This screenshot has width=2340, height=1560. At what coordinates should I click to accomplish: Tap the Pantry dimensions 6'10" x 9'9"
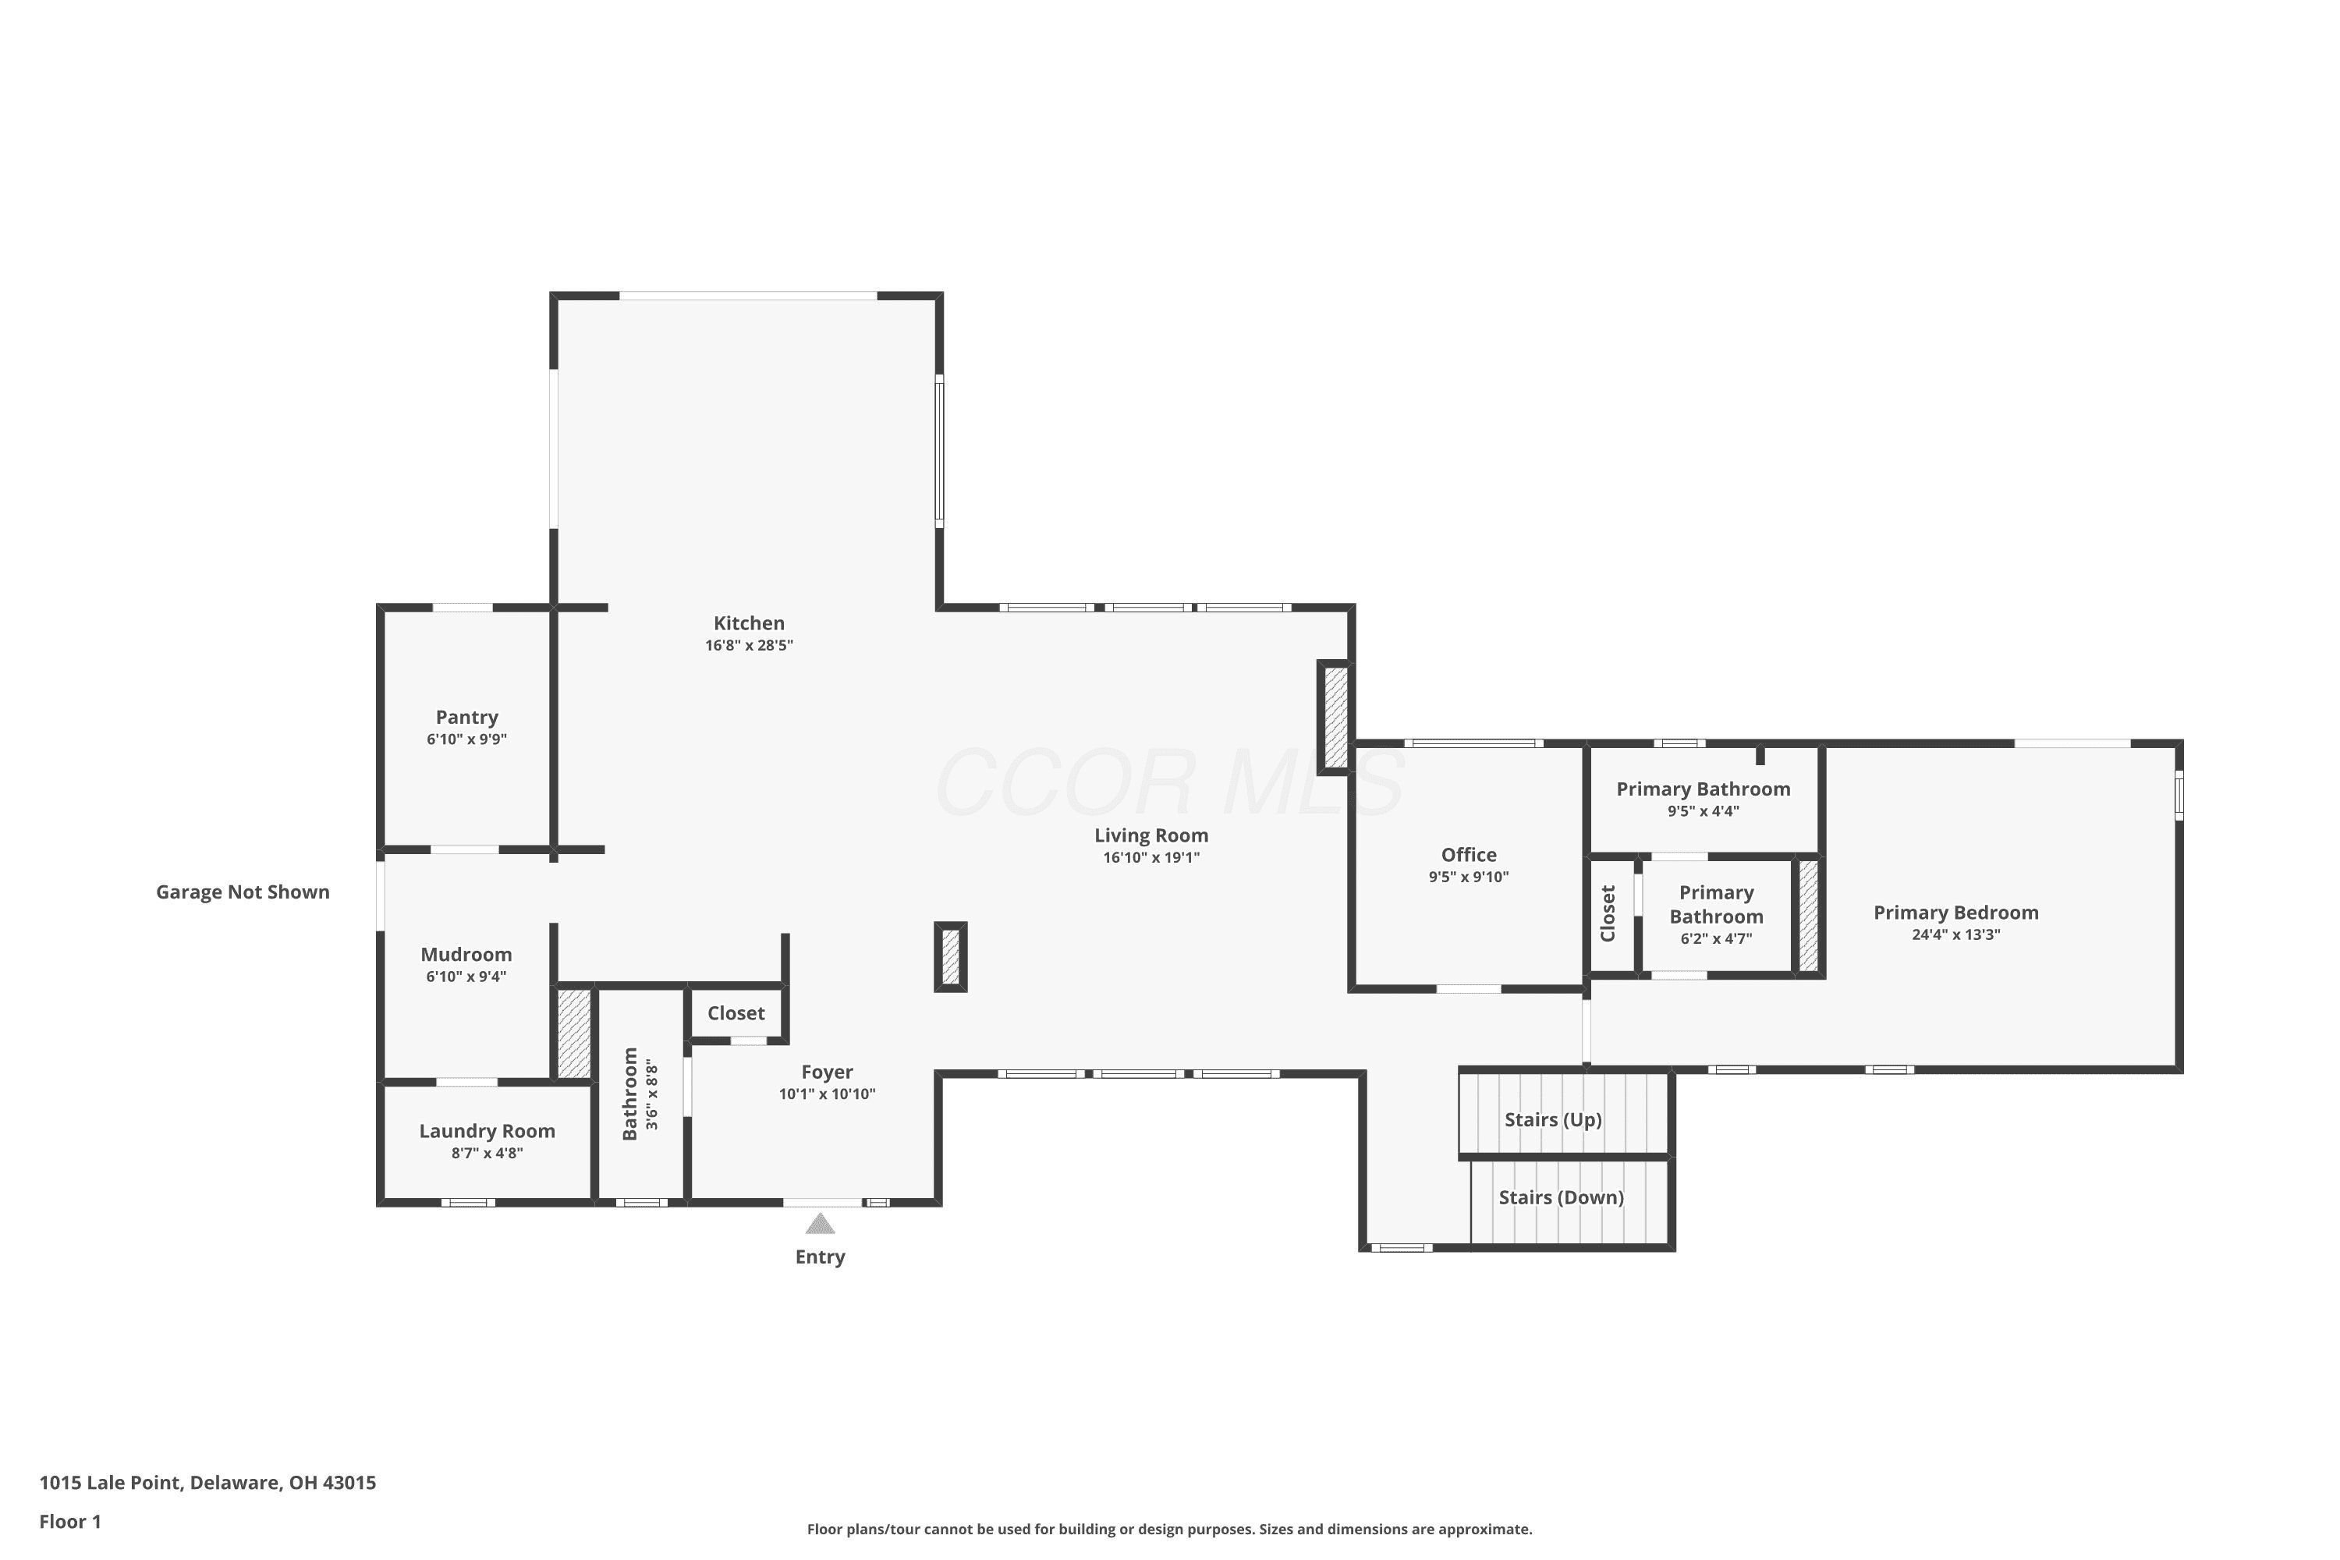(x=466, y=739)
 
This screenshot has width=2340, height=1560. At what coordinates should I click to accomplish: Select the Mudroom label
(x=466, y=955)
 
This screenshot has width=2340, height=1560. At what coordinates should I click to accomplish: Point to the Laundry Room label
(x=487, y=1131)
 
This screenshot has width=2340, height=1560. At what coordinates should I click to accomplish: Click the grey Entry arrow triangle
(x=820, y=1224)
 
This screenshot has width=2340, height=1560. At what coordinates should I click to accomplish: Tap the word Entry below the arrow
(x=821, y=1257)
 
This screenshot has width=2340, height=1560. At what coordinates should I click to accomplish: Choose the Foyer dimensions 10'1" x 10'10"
(x=828, y=1094)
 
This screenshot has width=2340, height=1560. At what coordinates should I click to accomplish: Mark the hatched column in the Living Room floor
(x=951, y=957)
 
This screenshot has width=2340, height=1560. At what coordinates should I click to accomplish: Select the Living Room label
(x=1152, y=835)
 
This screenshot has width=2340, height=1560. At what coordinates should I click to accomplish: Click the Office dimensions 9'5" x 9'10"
(x=1470, y=877)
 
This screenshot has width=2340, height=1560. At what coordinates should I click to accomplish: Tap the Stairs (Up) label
(x=1553, y=1120)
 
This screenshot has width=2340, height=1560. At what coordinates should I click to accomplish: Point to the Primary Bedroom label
(x=1957, y=913)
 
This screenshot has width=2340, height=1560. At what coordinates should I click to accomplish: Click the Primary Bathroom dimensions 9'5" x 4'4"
(x=1704, y=812)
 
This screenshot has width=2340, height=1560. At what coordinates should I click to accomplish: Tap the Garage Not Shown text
(x=243, y=892)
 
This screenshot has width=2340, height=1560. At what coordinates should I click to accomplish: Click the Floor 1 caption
(x=71, y=1521)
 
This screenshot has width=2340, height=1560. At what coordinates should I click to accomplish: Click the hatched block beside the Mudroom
(x=574, y=1033)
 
